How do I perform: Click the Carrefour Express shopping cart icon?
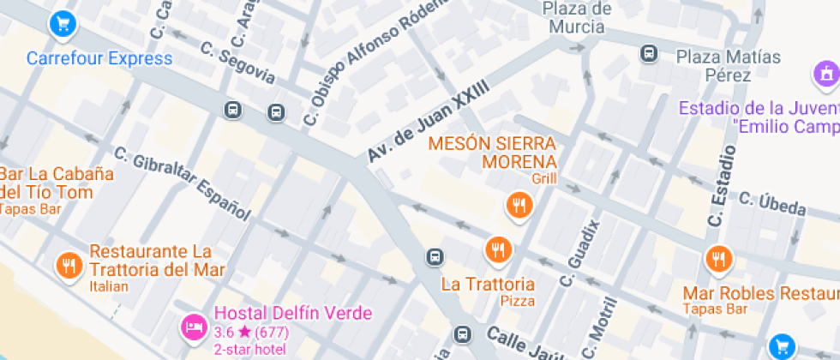(x=63, y=23)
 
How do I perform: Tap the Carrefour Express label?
(x=99, y=59)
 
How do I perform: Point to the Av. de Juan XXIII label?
(x=428, y=121)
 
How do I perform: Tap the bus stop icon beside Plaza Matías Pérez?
(x=649, y=54)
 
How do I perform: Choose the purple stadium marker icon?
(x=826, y=75)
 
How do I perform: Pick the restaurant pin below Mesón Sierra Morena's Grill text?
(x=519, y=205)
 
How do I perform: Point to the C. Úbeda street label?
(x=772, y=204)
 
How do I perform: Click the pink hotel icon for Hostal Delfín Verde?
(x=192, y=327)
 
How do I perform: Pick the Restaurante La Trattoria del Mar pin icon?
(x=69, y=265)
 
